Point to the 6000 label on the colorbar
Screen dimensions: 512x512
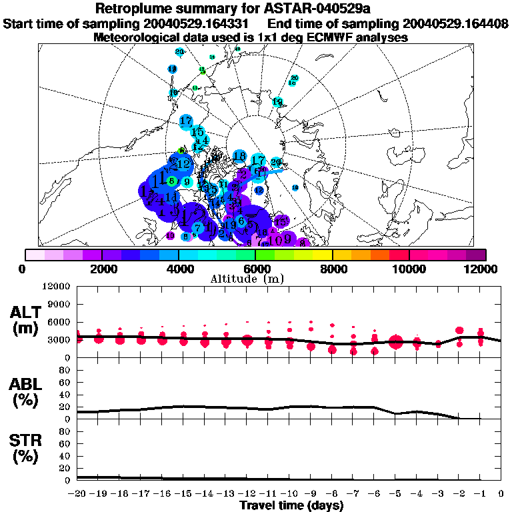pos(255,269)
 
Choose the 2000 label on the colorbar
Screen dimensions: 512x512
pos(101,269)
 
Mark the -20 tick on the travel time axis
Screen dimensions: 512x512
pos(77,494)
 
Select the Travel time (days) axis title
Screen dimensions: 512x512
pos(291,505)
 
